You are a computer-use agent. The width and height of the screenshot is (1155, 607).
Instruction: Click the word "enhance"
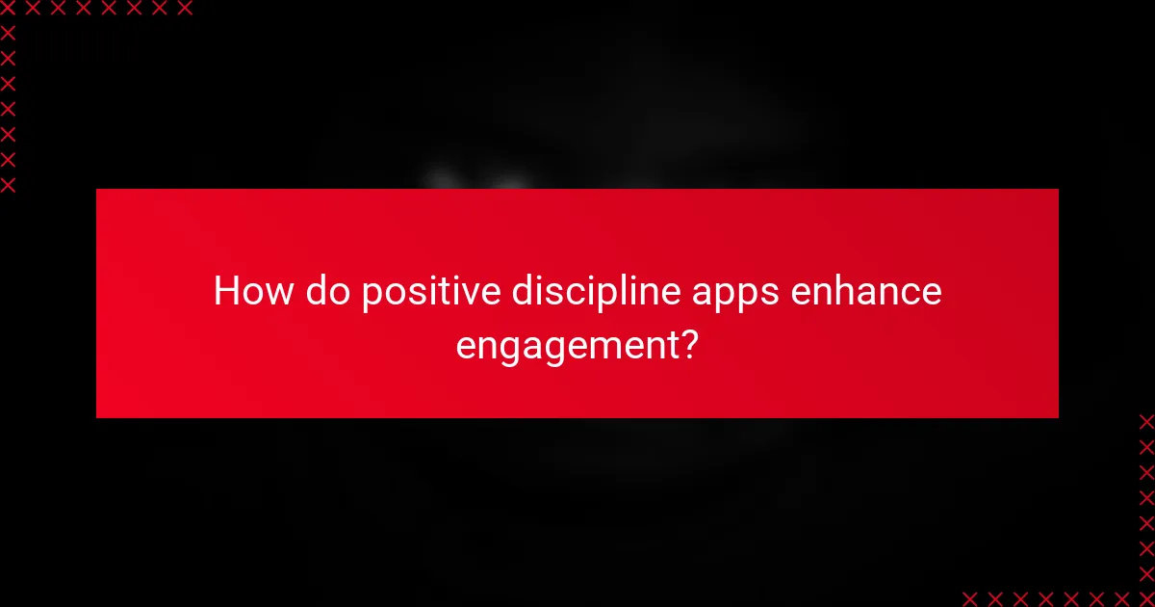pyautogui.click(x=865, y=290)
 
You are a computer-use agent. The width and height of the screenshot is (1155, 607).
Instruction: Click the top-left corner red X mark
pyautogui.click(x=8, y=8)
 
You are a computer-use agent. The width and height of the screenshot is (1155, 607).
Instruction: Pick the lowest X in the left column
pyautogui.click(x=8, y=185)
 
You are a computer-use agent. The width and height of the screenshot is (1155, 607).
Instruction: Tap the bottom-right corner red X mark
pyautogui.click(x=1146, y=598)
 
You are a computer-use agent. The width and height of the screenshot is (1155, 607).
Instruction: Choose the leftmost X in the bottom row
pyautogui.click(x=969, y=598)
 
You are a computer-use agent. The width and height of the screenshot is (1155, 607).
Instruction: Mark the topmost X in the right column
pyautogui.click(x=1146, y=421)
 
